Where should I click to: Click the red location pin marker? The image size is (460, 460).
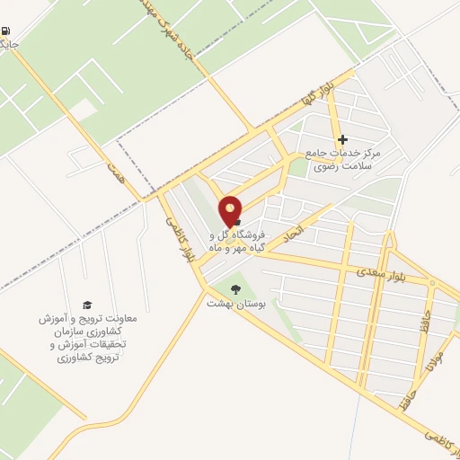(x=231, y=209)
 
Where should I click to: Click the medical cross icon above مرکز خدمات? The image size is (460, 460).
(x=342, y=140)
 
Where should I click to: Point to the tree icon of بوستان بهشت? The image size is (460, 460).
(x=235, y=288)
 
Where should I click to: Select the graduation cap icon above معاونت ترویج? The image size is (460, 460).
(x=87, y=305)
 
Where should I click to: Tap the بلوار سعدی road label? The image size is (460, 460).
(x=376, y=270)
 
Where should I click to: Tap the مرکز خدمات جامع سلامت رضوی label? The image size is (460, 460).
(x=342, y=159)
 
